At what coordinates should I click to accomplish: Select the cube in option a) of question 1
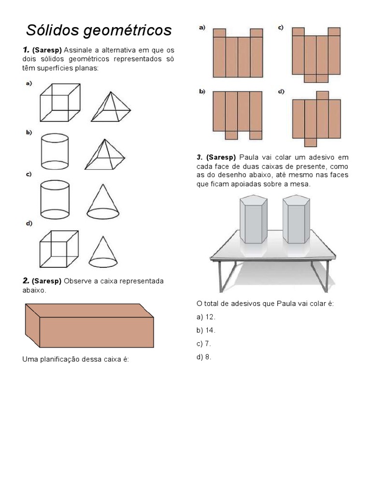(60, 102)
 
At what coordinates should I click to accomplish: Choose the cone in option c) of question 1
(103, 201)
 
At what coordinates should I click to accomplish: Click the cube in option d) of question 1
(59, 248)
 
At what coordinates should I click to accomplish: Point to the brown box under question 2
(89, 325)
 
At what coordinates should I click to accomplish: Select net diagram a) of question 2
(237, 53)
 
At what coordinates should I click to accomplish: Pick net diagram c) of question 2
(316, 54)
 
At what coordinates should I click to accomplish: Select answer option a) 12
(206, 317)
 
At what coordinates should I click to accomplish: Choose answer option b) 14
(206, 331)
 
